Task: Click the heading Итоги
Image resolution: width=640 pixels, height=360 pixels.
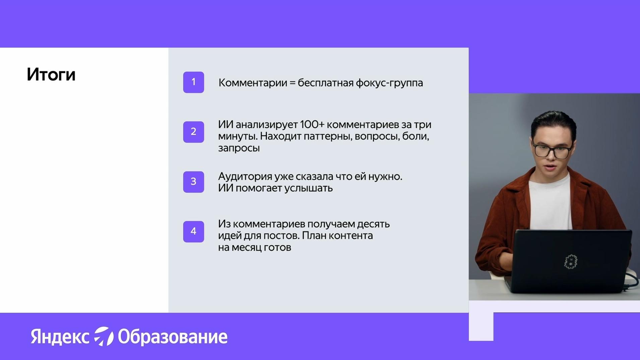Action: click(51, 74)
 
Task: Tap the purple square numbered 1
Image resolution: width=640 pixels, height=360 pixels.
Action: click(193, 82)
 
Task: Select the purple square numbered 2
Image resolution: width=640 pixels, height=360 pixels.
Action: click(193, 132)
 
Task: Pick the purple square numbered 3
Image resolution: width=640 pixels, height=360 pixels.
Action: click(193, 182)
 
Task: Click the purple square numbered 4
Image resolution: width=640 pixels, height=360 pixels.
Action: click(193, 231)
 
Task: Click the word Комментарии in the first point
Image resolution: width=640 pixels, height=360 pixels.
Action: click(253, 83)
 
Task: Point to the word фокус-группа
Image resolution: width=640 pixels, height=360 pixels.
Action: click(389, 83)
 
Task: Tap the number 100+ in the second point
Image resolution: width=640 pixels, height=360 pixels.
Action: click(312, 124)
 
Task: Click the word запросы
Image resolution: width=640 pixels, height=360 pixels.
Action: click(239, 148)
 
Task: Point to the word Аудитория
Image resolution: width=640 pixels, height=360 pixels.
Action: click(245, 177)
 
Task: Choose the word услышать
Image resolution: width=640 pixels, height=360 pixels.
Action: click(308, 188)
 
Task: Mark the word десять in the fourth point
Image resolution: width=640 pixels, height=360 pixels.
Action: click(373, 224)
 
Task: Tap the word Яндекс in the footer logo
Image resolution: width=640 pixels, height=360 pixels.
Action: click(60, 337)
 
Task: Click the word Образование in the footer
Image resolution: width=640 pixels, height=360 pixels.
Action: click(173, 337)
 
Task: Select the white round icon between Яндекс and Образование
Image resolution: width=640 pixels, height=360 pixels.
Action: click(104, 336)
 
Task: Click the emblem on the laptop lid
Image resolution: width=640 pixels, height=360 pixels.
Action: click(571, 262)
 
